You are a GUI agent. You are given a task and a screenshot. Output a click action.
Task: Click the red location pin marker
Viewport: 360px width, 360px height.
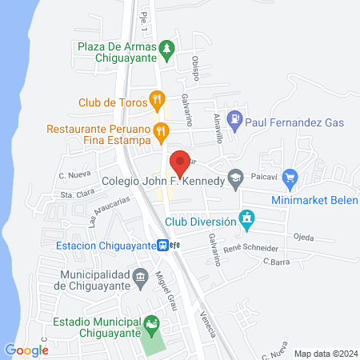[180, 162]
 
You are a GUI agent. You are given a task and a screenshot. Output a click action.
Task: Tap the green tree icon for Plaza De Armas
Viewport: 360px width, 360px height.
[166, 50]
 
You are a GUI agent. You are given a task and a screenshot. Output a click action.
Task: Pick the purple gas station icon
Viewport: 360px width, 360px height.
[234, 122]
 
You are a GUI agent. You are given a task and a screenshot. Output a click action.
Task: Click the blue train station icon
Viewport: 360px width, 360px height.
[162, 246]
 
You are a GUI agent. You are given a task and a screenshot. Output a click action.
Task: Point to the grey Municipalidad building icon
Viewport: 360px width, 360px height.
[141, 277]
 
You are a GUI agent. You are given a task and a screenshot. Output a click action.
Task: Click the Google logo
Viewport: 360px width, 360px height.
[26, 350]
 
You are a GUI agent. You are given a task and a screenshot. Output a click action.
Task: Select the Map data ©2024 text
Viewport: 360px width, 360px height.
[326, 353]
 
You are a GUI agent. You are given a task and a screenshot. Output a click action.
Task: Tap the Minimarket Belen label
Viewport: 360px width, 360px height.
[314, 201]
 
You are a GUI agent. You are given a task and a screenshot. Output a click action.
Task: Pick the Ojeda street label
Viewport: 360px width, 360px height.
[303, 237]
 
